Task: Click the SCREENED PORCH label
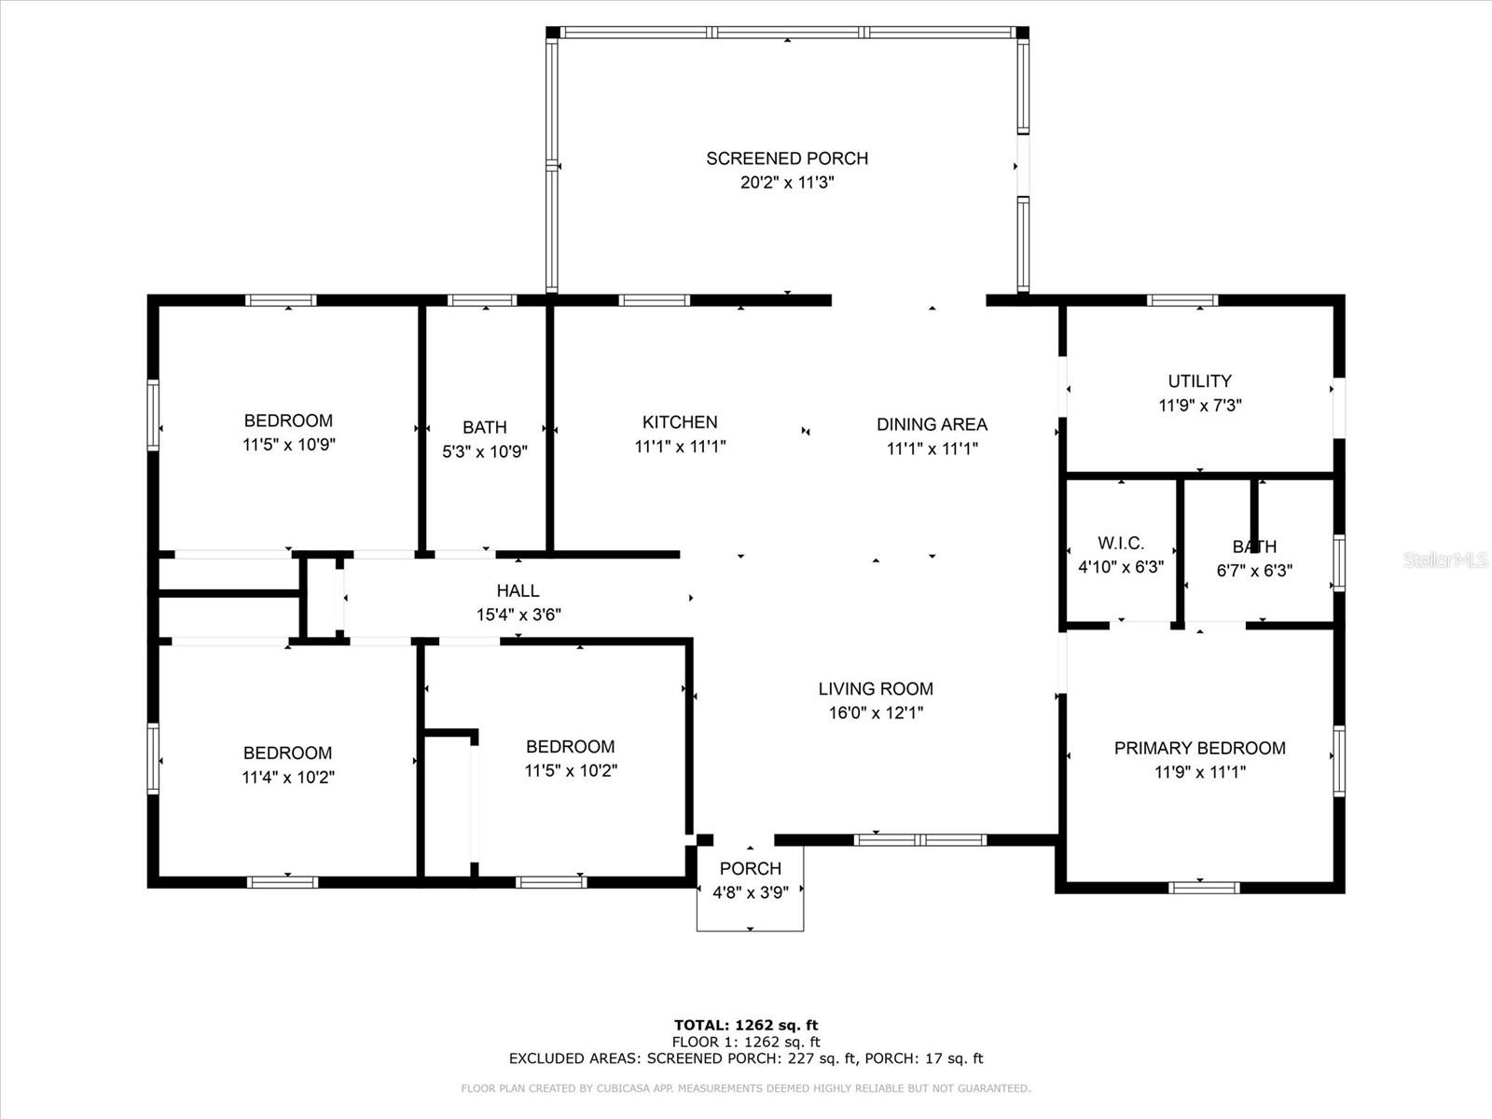787,159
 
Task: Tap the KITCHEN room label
680,422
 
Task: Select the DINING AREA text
932,424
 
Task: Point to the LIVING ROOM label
876,689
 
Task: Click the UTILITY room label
1199,381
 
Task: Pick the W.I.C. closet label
1120,543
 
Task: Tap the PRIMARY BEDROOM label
1199,748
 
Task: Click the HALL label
518,590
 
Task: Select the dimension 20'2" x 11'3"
787,183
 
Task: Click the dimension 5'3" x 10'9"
485,451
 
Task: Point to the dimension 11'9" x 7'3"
1199,406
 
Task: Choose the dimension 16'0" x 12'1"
876,713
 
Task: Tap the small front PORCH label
750,868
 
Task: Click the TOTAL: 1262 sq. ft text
746,1026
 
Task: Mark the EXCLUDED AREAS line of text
746,1058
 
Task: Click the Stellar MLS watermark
1445,560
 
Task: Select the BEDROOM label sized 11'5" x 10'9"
288,421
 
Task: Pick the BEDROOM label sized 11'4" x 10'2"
287,753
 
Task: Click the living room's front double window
920,840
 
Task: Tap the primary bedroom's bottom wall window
1203,888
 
